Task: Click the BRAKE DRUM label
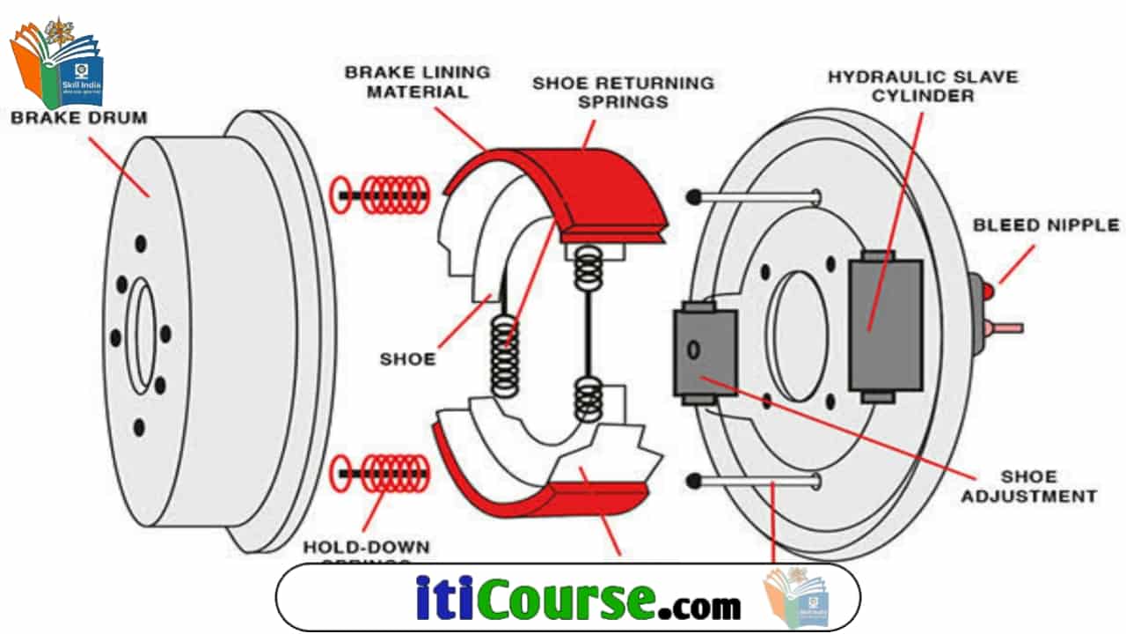point(78,117)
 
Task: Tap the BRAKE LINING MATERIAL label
point(417,81)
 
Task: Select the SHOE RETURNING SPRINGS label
point(623,92)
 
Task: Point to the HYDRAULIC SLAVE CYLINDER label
point(922,85)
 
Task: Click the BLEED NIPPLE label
point(1045,225)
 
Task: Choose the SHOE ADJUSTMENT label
point(1027,487)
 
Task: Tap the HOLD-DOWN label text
point(366,548)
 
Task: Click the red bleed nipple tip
point(989,291)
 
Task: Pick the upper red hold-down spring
point(380,193)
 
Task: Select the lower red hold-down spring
point(380,473)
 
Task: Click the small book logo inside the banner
point(797,597)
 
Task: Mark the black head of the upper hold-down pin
point(696,196)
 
